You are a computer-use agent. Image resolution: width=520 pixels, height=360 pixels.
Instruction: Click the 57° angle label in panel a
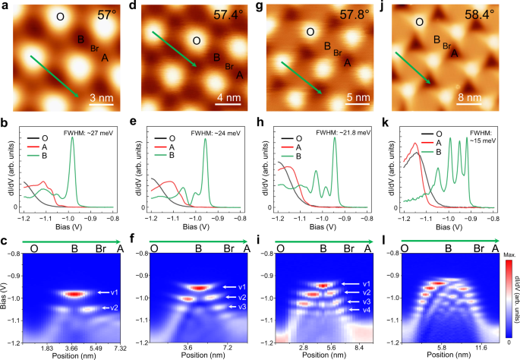click(x=109, y=14)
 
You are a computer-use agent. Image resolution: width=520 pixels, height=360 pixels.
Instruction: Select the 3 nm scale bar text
click(x=102, y=98)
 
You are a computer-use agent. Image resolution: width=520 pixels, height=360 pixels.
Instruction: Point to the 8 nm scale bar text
click(x=469, y=98)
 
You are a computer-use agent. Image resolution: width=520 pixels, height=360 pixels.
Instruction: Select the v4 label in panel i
click(x=367, y=311)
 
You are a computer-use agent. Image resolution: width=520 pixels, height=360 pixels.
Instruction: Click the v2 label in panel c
click(x=112, y=308)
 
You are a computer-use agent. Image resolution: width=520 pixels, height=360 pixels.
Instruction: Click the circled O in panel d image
click(x=197, y=42)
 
